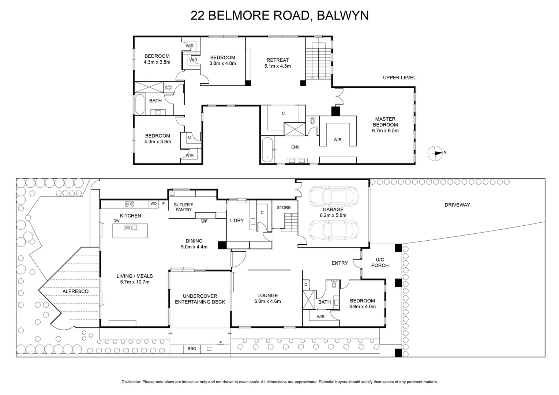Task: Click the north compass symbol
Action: coord(435,153)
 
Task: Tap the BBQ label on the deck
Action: coord(192,349)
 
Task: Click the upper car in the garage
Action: coord(333,197)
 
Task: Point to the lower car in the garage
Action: coord(333,230)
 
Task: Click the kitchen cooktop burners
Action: coord(130,204)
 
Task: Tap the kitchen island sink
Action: coord(130,227)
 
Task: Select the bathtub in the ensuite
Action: coord(267,149)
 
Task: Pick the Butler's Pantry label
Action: coord(184,207)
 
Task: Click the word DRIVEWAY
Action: coord(457,205)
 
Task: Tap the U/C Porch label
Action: coord(380,263)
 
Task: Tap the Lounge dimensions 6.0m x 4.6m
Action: coord(267,301)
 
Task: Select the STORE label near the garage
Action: coord(284,207)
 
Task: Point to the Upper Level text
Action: coord(399,78)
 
